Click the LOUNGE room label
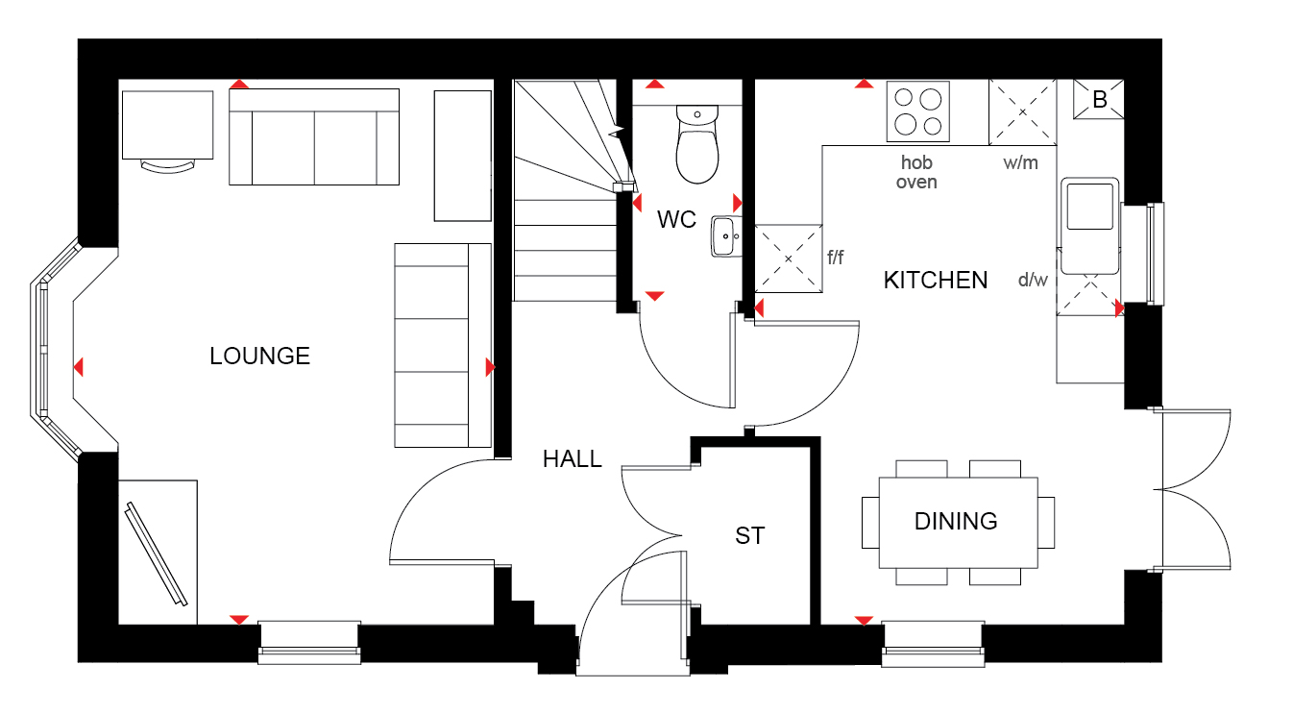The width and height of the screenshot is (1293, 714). click(x=259, y=356)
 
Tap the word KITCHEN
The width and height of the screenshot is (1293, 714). click(x=935, y=281)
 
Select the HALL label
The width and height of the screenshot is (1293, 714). click(x=572, y=458)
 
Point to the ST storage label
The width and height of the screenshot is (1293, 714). click(x=750, y=535)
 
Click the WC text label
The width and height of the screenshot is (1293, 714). click(x=676, y=219)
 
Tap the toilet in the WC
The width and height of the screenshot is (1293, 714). click(x=697, y=143)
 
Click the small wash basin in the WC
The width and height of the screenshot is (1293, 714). click(x=725, y=236)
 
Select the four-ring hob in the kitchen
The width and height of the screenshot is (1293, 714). click(x=917, y=111)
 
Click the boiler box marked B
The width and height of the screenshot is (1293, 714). click(x=1098, y=99)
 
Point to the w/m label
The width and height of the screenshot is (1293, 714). click(x=1020, y=163)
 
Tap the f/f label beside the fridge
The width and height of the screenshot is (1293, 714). click(x=835, y=258)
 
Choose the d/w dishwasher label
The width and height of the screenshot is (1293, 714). click(x=1033, y=281)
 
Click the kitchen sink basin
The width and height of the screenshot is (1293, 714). click(x=1089, y=207)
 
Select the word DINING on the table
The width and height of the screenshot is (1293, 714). click(x=956, y=521)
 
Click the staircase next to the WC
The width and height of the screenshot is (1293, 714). click(x=566, y=190)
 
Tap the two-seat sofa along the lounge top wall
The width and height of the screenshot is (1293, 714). click(x=314, y=136)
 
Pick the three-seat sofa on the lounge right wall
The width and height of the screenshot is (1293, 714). click(x=443, y=345)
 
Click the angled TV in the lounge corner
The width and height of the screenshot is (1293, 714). click(x=157, y=554)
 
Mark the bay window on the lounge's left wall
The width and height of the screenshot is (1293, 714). click(x=57, y=349)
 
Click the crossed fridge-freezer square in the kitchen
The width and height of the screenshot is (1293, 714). click(x=789, y=259)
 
